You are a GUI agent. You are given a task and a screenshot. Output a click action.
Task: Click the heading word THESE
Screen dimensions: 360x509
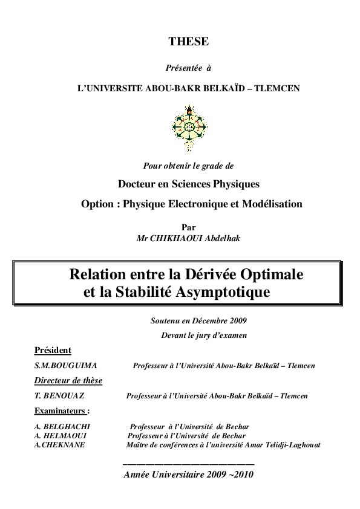(x=188, y=42)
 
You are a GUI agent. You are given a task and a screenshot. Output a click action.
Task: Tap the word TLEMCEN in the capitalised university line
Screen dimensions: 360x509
(x=277, y=88)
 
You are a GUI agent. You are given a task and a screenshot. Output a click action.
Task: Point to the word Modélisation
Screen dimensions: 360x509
(x=273, y=204)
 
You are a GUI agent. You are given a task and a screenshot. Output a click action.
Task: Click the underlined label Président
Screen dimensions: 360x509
(x=53, y=351)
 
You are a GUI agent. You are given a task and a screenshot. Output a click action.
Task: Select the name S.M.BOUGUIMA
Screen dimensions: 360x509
(x=66, y=366)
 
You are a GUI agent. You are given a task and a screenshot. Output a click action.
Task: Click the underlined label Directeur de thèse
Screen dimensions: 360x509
(x=68, y=381)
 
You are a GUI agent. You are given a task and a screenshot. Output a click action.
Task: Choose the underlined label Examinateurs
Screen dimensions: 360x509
(x=62, y=411)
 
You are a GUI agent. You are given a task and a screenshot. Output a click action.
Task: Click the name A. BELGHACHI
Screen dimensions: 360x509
(x=62, y=427)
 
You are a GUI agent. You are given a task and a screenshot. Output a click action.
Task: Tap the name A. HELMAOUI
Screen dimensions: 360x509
(x=61, y=436)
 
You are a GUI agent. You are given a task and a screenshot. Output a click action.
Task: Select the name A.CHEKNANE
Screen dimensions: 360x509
(x=60, y=445)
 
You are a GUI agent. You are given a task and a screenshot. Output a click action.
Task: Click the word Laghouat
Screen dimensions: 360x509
(x=304, y=445)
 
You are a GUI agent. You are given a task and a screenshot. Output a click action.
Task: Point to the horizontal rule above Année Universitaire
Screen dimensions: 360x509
(x=188, y=464)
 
